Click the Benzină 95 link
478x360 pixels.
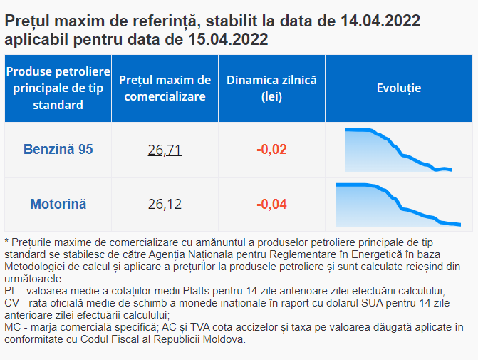pyautogui.click(x=58, y=150)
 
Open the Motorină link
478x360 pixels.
pyautogui.click(x=58, y=204)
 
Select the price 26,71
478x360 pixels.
pyautogui.click(x=165, y=150)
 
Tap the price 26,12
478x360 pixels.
pyautogui.click(x=165, y=205)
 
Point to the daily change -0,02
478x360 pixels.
pyautogui.click(x=271, y=150)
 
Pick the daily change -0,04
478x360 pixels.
pyautogui.click(x=271, y=204)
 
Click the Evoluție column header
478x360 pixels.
pyautogui.click(x=399, y=88)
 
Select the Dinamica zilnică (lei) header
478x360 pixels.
pyautogui.click(x=271, y=88)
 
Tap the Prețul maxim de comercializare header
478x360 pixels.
pyautogui.click(x=165, y=88)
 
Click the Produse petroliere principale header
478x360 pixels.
pyautogui.click(x=58, y=88)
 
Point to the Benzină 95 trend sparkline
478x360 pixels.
pyautogui.click(x=399, y=150)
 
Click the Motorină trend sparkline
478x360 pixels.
pyautogui.click(x=398, y=205)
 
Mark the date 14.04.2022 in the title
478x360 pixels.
pyautogui.click(x=380, y=21)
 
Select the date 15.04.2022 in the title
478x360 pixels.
pyautogui.click(x=228, y=39)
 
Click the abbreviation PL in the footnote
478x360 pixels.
pyautogui.click(x=11, y=291)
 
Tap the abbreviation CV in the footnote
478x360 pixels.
pyautogui.click(x=11, y=303)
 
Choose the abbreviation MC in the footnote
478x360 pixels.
pyautogui.click(x=13, y=327)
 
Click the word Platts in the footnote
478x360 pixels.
pyautogui.click(x=196, y=291)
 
